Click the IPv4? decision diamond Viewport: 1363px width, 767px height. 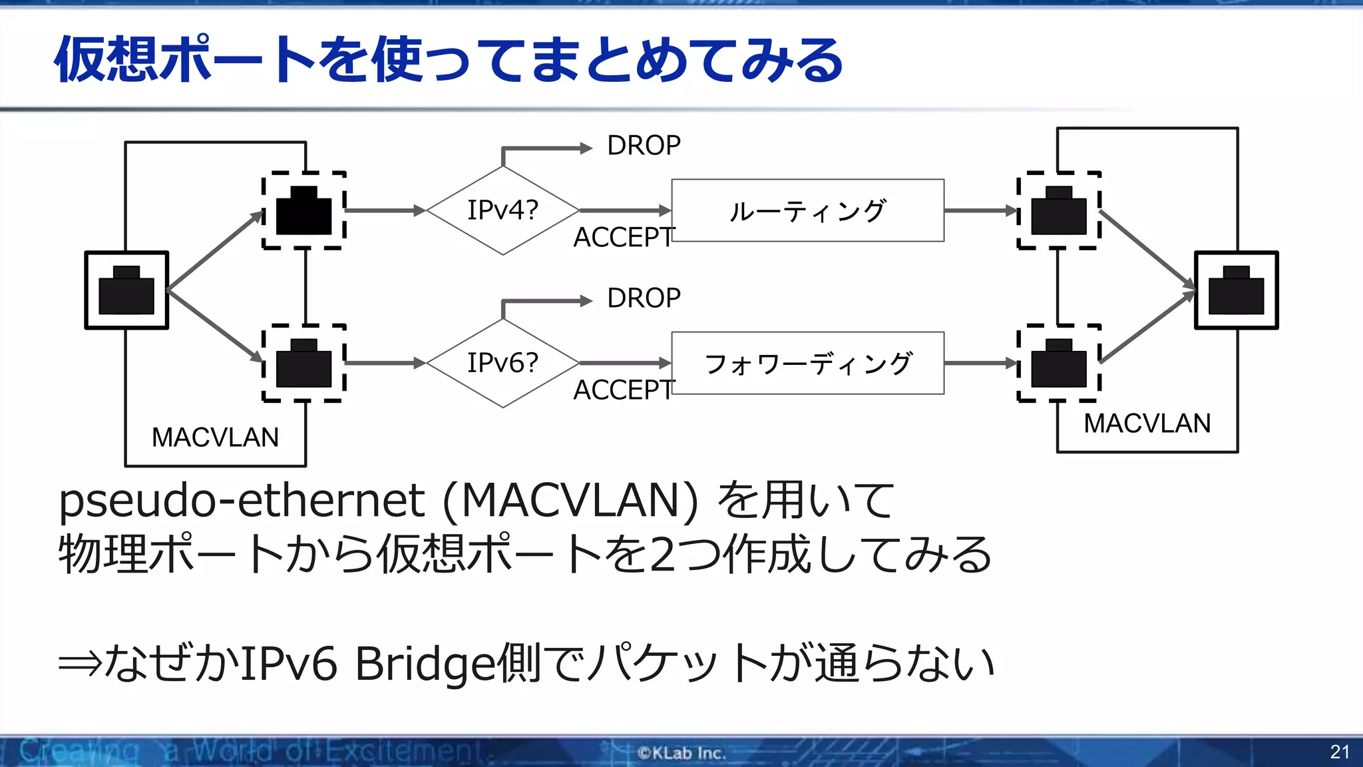click(x=502, y=210)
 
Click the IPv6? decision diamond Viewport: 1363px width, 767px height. click(x=502, y=363)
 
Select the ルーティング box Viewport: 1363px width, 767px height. click(x=807, y=210)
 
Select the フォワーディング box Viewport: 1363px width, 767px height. click(x=807, y=363)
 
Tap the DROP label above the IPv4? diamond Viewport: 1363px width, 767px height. click(x=643, y=146)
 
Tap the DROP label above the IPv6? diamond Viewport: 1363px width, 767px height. click(x=643, y=298)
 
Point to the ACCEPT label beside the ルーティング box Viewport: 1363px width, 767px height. click(x=623, y=238)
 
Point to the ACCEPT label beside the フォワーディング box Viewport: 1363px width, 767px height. click(x=623, y=390)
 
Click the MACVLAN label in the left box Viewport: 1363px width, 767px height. click(x=215, y=437)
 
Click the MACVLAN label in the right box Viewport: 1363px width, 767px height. click(x=1147, y=423)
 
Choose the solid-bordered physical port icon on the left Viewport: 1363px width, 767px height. click(x=126, y=290)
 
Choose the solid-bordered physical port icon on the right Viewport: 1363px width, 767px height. click(x=1236, y=290)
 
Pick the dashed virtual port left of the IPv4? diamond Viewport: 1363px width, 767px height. click(x=304, y=210)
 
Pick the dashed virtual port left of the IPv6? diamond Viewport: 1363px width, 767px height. click(x=304, y=363)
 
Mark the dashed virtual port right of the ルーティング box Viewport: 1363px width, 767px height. click(x=1058, y=210)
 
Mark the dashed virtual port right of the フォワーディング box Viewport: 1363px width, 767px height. click(x=1058, y=363)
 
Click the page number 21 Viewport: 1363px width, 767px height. click(x=1339, y=752)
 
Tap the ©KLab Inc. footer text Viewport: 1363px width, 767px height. click(x=681, y=753)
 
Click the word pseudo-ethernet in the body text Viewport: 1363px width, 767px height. click(x=241, y=500)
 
